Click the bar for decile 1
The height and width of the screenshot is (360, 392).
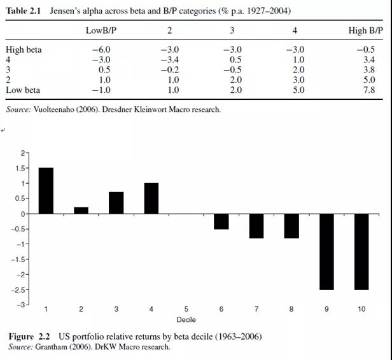click(46, 191)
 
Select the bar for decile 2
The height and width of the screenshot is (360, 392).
click(81, 211)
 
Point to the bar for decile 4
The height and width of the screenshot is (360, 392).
click(151, 198)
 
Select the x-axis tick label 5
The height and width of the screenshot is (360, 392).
click(186, 309)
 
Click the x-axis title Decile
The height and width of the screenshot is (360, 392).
click(186, 319)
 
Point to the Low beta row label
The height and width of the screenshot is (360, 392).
click(23, 90)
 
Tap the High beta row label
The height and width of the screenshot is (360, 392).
click(24, 50)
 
